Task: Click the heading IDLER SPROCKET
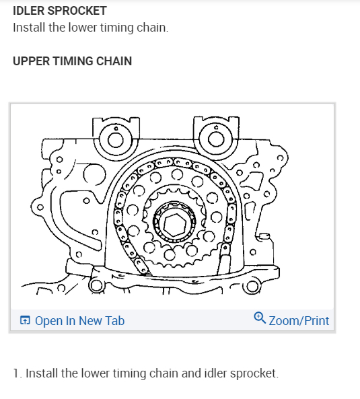(x=59, y=11)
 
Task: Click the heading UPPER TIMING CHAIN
(x=72, y=61)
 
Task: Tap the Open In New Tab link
(x=79, y=320)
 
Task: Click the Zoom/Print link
(x=299, y=320)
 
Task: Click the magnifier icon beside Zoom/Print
(x=260, y=320)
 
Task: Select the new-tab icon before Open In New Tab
(x=25, y=321)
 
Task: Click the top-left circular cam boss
(x=115, y=139)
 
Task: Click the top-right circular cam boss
(x=216, y=139)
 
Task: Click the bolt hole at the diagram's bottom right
(x=252, y=287)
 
